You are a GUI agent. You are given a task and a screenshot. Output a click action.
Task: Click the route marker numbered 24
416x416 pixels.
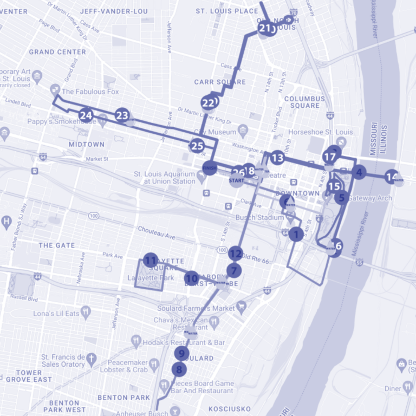(x=86, y=115)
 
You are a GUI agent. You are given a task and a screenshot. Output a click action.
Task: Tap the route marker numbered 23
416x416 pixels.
(x=122, y=115)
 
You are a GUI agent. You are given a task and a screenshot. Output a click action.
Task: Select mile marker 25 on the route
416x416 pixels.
(x=197, y=145)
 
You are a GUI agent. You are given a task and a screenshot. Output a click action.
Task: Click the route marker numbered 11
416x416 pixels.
(x=151, y=260)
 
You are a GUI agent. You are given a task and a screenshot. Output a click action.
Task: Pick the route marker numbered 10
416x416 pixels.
(x=191, y=278)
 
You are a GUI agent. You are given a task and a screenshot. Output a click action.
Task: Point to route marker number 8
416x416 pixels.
(x=179, y=370)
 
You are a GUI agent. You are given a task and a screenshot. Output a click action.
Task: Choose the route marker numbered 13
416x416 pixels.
(x=277, y=158)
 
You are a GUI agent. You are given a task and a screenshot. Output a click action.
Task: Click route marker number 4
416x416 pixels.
(x=359, y=172)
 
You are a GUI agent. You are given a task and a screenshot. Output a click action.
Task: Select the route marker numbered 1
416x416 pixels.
(x=296, y=234)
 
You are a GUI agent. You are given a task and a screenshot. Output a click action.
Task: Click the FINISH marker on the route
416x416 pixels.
(x=210, y=167)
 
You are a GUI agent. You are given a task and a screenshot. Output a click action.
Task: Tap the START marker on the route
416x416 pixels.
(x=236, y=180)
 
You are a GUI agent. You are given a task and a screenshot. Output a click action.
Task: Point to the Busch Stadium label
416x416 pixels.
(x=259, y=218)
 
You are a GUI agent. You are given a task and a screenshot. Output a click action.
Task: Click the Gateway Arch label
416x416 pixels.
(x=369, y=198)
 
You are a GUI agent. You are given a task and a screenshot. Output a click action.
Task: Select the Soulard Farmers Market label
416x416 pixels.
(x=196, y=308)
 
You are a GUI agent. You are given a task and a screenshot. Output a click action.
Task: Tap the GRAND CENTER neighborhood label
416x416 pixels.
(x=57, y=52)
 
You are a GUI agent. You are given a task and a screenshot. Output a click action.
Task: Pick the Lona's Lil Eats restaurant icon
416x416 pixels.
(x=85, y=313)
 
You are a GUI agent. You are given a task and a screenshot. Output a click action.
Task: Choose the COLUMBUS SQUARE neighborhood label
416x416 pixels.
(x=304, y=102)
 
